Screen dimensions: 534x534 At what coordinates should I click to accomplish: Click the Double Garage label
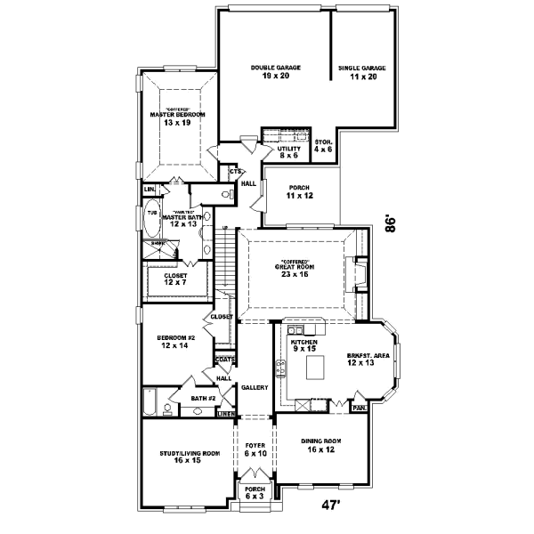click(x=275, y=71)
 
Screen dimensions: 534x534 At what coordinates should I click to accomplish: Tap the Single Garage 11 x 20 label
click(x=362, y=71)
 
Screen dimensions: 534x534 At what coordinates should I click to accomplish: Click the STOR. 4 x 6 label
click(x=323, y=145)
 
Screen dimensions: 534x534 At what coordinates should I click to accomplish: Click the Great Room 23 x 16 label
click(x=297, y=270)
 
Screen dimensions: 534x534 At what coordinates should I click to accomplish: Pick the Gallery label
click(x=255, y=387)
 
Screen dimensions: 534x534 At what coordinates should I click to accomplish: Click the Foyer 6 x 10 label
click(x=255, y=451)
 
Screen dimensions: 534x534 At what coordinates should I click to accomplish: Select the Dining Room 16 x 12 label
click(x=322, y=445)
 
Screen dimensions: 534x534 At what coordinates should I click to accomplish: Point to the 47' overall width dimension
click(x=331, y=505)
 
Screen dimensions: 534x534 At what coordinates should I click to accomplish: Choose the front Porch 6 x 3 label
click(x=255, y=492)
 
